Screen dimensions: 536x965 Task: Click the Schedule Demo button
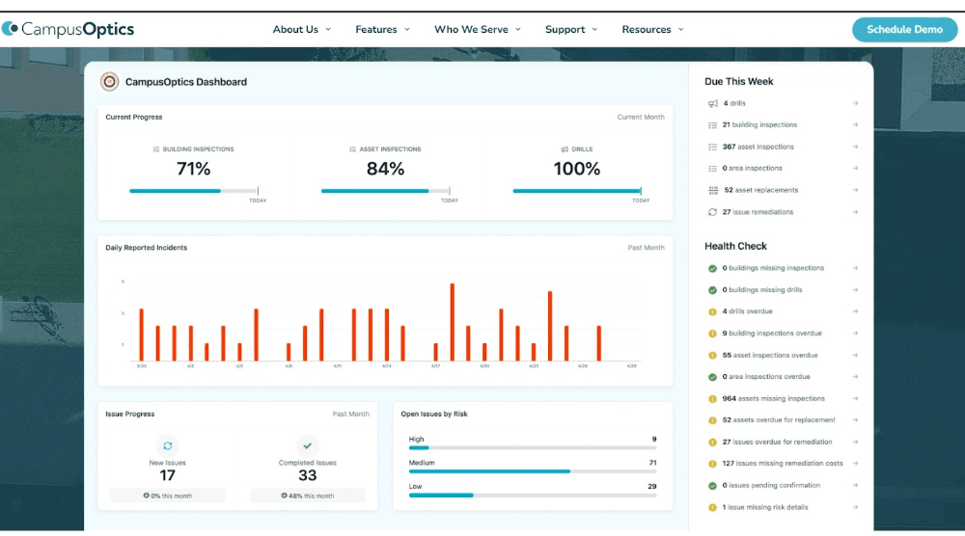coord(904,29)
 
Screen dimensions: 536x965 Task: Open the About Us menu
coord(301,30)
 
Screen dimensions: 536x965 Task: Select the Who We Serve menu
coord(477,30)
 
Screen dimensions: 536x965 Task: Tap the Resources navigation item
coord(652,30)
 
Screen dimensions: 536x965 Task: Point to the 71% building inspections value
coord(193,169)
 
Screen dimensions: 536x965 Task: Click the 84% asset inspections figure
coord(385,169)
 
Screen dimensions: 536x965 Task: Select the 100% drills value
coord(576,169)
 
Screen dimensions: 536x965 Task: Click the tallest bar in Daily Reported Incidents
coord(452,322)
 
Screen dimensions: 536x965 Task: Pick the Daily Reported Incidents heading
coord(147,248)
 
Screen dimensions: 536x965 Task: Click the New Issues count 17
coord(168,475)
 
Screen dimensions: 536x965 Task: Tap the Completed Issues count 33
coord(307,475)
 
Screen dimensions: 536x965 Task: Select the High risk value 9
coord(653,440)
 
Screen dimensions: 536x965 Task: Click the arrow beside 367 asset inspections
coord(855,147)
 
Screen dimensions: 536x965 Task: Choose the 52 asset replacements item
coord(760,190)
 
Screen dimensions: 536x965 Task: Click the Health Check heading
coord(735,246)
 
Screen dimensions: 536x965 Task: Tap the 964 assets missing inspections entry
coord(773,398)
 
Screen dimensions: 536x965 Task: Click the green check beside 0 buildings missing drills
coord(712,290)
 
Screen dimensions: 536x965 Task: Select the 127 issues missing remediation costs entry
coord(782,464)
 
